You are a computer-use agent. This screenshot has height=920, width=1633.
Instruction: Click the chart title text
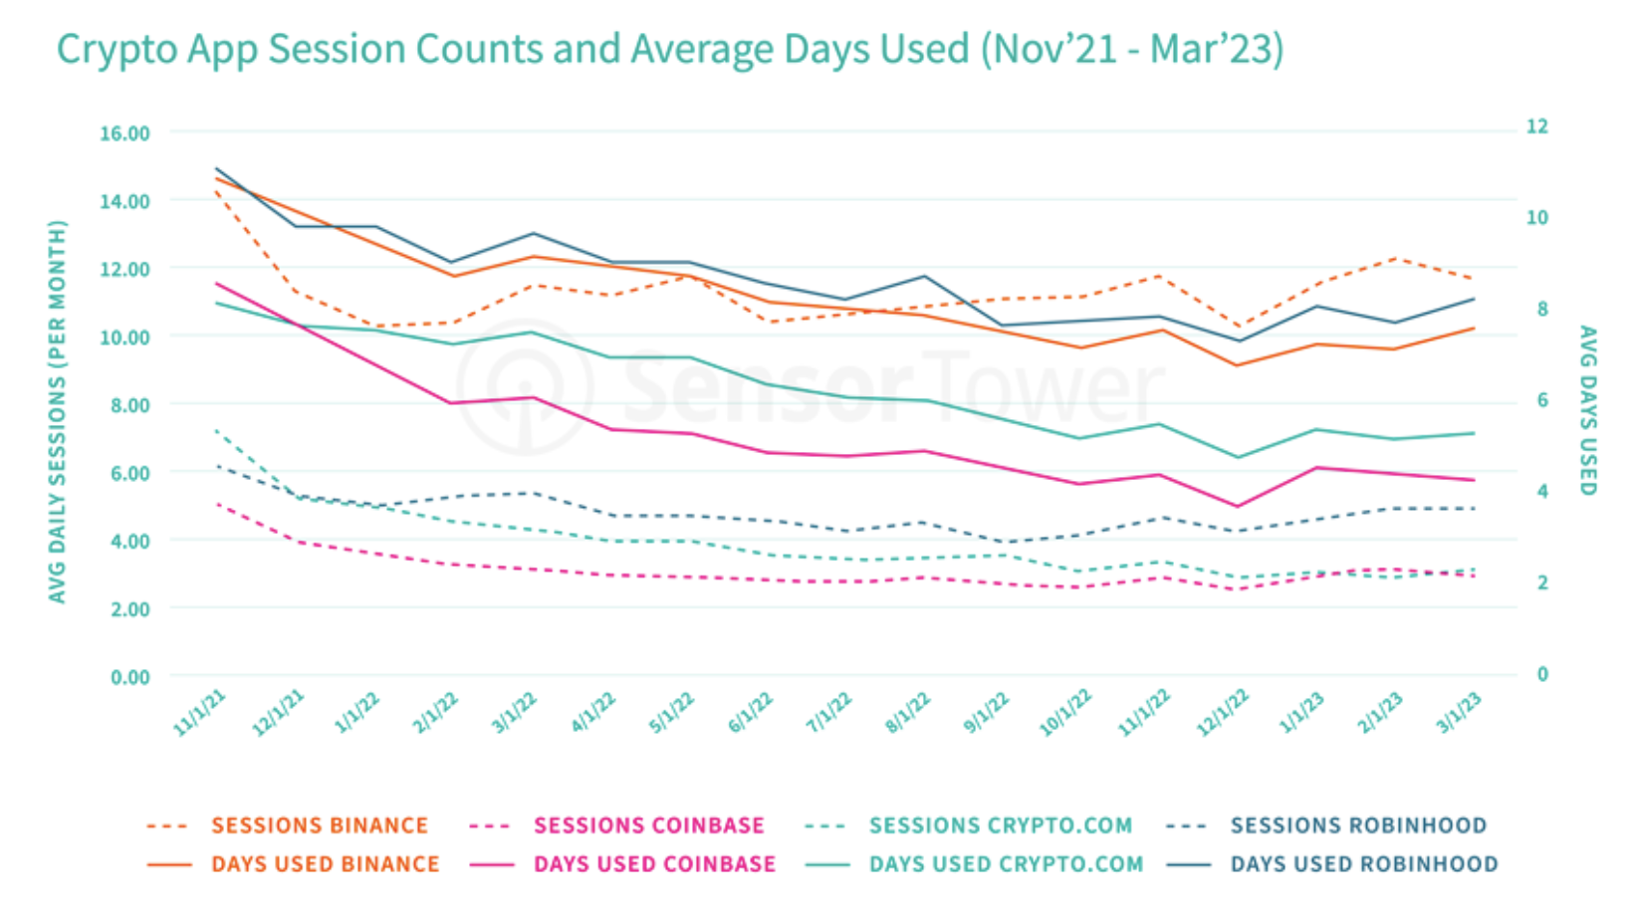coord(669,50)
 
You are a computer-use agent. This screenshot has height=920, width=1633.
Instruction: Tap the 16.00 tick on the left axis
coord(124,133)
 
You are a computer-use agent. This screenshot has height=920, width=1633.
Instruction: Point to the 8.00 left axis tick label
coord(128,405)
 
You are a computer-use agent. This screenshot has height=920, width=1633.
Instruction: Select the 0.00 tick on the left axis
coord(129,677)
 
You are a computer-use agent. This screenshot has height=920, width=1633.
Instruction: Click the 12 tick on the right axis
coord(1537,126)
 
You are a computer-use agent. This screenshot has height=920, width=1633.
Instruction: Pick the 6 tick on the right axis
coord(1542,400)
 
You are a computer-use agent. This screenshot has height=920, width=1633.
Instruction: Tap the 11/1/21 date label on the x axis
coord(199,713)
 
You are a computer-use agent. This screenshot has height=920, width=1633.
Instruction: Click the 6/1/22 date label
coord(751,713)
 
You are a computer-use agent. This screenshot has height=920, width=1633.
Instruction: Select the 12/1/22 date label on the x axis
coord(1223,713)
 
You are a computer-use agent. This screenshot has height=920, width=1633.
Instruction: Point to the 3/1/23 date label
coord(1459,713)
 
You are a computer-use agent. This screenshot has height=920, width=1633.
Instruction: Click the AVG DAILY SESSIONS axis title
coord(58,411)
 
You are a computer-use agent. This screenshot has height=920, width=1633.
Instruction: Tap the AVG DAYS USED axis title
coord(1588,410)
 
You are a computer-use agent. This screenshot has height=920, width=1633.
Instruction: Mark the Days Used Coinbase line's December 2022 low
coord(1238,506)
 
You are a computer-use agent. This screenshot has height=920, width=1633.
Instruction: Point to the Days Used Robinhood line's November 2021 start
coord(216,169)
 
